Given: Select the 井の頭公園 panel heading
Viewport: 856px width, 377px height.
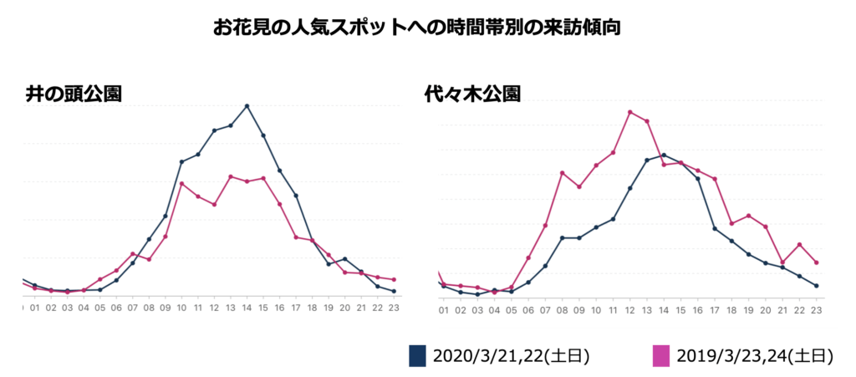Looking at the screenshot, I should click(x=74, y=94).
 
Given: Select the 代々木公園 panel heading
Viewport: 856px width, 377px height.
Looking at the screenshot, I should click(x=472, y=94).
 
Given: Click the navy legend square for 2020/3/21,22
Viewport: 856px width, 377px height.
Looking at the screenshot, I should click(x=417, y=355).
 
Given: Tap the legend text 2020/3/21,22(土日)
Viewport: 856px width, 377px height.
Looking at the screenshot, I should click(x=511, y=356).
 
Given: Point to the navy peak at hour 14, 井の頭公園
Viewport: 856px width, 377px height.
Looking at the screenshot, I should click(x=247, y=106).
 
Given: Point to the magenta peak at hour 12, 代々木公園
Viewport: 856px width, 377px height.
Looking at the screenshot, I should click(x=629, y=111).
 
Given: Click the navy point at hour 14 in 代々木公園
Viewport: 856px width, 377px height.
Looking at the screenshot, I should click(x=664, y=155).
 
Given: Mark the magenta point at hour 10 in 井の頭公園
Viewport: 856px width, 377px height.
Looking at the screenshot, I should click(x=181, y=183).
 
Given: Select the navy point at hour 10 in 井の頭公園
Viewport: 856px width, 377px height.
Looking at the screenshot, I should click(x=181, y=161).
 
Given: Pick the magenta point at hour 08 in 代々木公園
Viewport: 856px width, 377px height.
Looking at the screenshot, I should click(x=562, y=172).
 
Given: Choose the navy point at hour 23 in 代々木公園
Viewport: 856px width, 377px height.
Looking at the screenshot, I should click(x=816, y=286).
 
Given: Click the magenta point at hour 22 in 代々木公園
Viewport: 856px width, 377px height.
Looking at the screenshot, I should click(x=799, y=244).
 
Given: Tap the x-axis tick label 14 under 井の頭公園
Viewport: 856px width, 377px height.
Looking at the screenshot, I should click(x=247, y=308).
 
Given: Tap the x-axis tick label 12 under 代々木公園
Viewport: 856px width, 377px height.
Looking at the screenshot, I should click(x=629, y=310).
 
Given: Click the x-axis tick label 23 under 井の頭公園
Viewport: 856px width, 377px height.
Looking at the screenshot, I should click(x=394, y=308).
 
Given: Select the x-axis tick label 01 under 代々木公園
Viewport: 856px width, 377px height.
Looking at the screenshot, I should click(x=443, y=310).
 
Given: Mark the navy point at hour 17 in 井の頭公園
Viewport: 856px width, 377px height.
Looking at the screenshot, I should click(x=296, y=196).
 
